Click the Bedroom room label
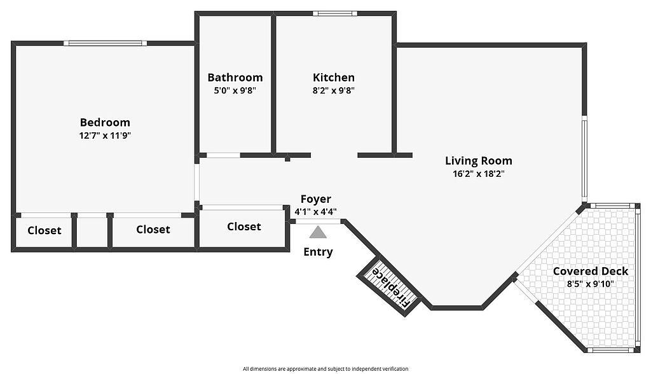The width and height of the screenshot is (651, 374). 105,122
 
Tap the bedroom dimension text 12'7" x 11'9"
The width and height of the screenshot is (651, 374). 105,135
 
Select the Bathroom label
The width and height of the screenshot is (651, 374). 235,78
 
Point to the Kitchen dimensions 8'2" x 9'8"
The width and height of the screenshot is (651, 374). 333,90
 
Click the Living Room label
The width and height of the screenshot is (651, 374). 479,161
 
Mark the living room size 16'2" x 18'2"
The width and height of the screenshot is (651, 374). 479,174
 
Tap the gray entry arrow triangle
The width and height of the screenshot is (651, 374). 318,232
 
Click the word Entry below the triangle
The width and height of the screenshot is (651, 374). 318,252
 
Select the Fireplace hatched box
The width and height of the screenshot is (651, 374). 389,287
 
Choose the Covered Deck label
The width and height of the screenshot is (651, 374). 591,272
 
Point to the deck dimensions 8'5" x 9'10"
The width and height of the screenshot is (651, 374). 591,284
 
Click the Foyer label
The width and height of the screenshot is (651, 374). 316,199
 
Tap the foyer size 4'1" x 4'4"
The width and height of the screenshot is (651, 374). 316,212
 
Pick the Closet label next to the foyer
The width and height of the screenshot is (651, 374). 244,226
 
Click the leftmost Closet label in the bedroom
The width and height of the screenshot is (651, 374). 45,230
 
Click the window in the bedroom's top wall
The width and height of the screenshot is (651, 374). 105,43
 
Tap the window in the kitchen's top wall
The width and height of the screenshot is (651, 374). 335,13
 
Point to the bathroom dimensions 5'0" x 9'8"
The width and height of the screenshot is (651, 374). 235,90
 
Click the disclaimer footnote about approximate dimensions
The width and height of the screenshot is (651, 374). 325,369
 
